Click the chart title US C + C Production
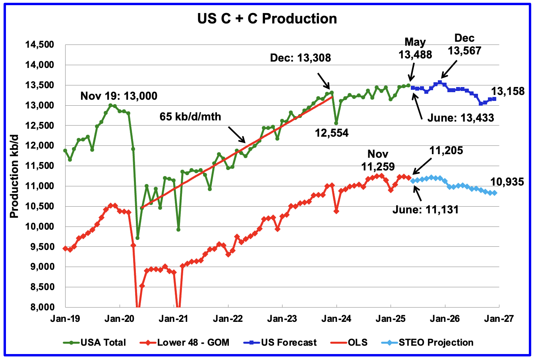click(x=267, y=19)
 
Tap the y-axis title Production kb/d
click(x=15, y=176)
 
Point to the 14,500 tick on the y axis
click(x=39, y=45)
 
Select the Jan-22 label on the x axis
click(x=228, y=319)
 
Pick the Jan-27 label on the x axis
click(x=499, y=319)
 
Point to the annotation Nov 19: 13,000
click(x=119, y=96)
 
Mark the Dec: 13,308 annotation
click(x=300, y=58)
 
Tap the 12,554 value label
click(x=331, y=133)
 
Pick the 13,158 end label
click(x=508, y=91)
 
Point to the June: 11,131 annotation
click(x=425, y=209)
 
